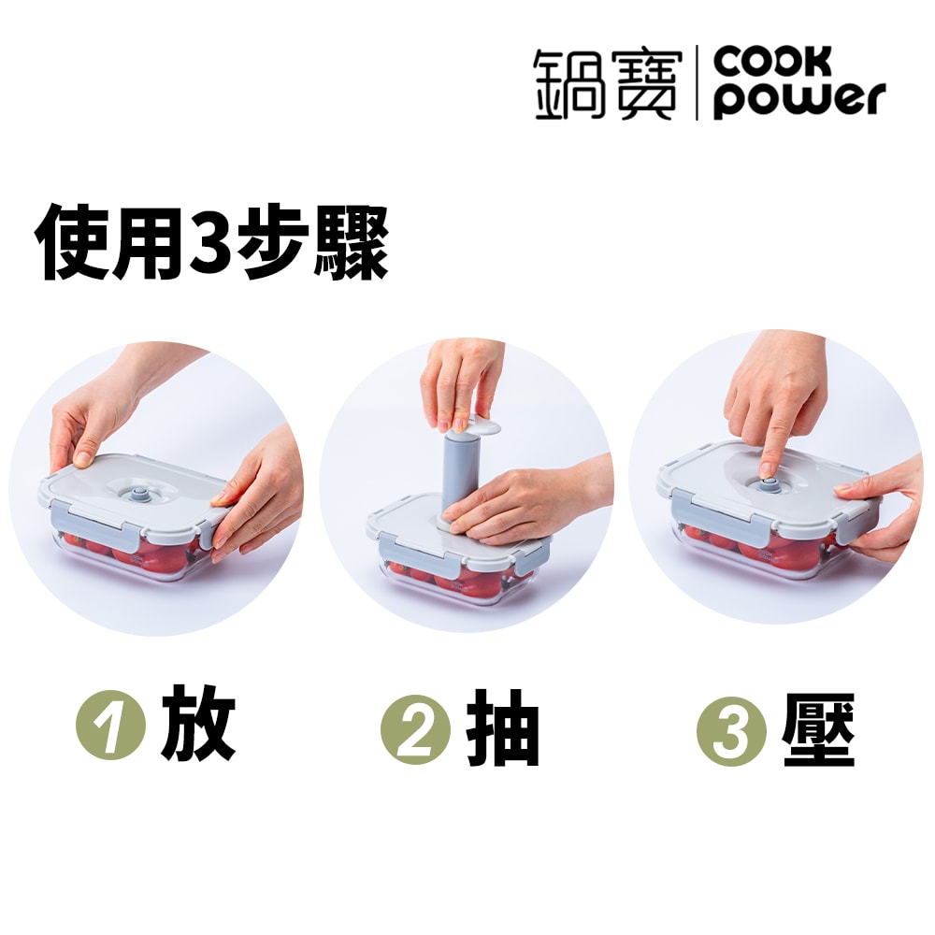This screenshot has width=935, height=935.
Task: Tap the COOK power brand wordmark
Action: (799, 84)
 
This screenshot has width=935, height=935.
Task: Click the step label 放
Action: (197, 725)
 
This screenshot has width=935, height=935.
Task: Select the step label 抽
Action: (503, 729)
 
